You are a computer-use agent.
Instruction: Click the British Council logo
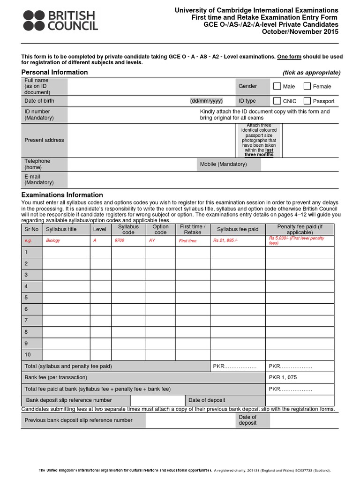(60, 21)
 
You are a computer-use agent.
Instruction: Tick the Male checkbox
(277, 86)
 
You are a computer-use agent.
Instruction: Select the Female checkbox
(307, 86)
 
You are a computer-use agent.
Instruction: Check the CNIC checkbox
(277, 101)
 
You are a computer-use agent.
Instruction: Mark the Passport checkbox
(307, 101)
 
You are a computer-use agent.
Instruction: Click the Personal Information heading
(54, 72)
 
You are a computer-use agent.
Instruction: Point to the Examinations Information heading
(62, 195)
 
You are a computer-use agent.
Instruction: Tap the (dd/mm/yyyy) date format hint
(206, 101)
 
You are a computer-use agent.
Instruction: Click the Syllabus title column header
(66, 229)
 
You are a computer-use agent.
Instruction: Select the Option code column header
(160, 229)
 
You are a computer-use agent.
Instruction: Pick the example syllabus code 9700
(120, 241)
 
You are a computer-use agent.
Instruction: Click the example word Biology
(53, 241)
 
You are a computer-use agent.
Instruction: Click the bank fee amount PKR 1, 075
(283, 377)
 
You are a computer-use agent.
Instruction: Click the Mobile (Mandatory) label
(223, 164)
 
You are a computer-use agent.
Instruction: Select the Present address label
(44, 140)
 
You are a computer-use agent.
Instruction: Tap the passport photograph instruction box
(259, 140)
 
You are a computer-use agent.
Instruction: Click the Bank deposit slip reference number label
(69, 400)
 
